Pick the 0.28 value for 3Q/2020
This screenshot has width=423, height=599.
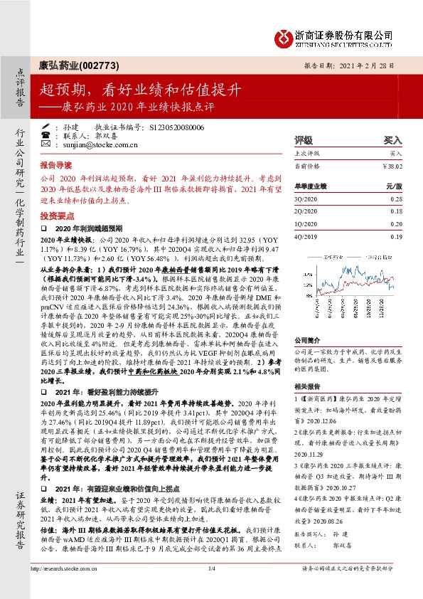tap(396, 199)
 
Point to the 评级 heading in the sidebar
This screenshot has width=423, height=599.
tap(304, 140)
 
